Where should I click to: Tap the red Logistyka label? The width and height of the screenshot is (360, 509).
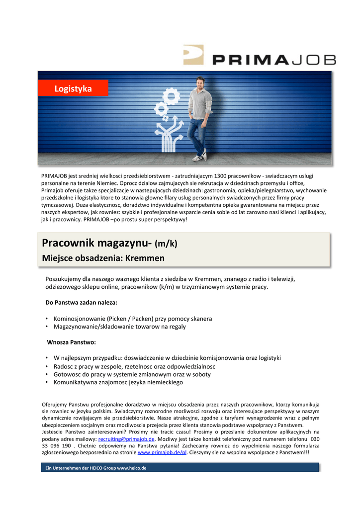[x=73, y=88]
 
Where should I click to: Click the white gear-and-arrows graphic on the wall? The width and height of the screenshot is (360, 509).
[x=166, y=120]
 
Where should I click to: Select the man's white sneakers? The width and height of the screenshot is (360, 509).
[x=199, y=157]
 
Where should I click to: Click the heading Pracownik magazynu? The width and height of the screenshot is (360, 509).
[x=96, y=243]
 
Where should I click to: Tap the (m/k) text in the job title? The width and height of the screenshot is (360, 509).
[x=166, y=244]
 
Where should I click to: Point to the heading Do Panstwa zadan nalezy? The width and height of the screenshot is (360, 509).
[x=82, y=302]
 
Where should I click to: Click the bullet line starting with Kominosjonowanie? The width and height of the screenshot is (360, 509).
[x=133, y=318]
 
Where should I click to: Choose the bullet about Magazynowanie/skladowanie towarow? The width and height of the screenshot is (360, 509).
[x=119, y=327]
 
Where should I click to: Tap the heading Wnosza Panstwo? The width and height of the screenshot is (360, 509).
[x=71, y=342]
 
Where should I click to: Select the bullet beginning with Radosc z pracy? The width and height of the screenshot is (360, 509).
[x=134, y=366]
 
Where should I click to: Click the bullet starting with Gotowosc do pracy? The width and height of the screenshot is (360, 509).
[x=132, y=374]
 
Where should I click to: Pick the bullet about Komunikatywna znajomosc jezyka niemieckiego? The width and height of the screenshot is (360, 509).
[x=118, y=382]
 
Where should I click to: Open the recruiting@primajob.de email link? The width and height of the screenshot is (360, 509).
[x=126, y=439]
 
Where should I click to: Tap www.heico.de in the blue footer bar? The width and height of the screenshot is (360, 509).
[x=131, y=468]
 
